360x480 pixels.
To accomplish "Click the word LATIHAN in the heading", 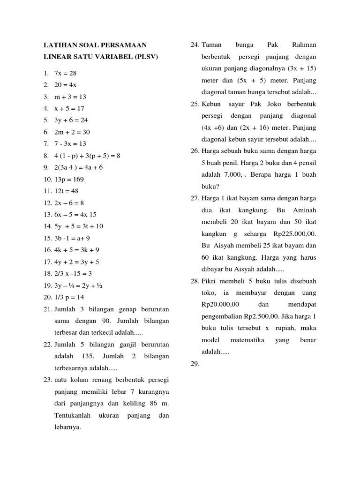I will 59,45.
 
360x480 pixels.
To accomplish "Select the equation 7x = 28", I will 65,74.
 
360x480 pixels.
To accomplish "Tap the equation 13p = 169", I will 69,179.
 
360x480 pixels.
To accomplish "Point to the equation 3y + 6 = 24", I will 71,120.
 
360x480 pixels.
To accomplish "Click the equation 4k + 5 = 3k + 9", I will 76,250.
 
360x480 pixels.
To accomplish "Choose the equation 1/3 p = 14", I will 69,297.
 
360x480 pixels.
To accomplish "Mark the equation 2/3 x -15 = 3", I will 73,273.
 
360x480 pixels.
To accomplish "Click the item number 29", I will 195,363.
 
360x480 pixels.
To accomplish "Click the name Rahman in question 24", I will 304,45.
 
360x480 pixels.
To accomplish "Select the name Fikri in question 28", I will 210,281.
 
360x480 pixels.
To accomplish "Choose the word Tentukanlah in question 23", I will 73,415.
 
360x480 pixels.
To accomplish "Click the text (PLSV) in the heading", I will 144,57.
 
